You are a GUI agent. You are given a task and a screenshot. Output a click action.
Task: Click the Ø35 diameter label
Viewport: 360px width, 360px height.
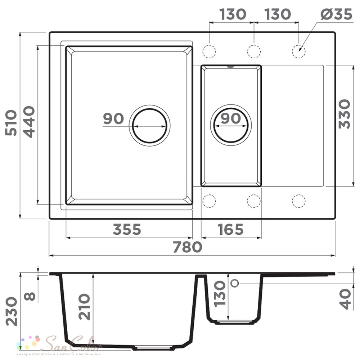coord(336,14)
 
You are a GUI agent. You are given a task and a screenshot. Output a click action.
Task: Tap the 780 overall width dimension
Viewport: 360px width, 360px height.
coord(187,247)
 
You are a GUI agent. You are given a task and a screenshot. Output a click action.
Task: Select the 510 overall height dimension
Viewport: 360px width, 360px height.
coord(11,123)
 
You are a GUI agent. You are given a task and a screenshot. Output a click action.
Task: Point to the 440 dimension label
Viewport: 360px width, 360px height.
coord(30,122)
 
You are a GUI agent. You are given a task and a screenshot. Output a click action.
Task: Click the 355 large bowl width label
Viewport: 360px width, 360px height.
coord(127,229)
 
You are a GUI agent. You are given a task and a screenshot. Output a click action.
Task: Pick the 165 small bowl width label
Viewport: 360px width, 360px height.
coord(230,229)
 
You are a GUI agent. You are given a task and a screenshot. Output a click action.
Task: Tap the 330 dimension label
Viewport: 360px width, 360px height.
coord(345,114)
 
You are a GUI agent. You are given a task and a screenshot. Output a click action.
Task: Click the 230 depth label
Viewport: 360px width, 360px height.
coord(12,311)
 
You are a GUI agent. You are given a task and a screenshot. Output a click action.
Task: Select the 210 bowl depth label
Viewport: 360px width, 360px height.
coord(84,307)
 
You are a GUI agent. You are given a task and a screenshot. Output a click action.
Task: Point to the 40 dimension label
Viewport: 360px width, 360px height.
coord(345,299)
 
